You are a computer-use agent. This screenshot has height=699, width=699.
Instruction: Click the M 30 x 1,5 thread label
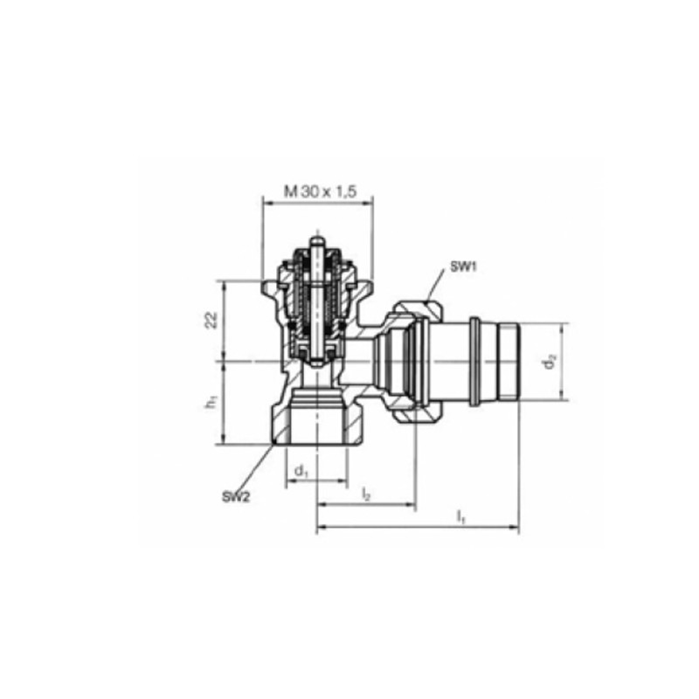(321, 192)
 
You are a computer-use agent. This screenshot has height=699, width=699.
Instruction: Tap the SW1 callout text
(463, 267)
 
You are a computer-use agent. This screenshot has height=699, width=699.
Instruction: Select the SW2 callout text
(236, 497)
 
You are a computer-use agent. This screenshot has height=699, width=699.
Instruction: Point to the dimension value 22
(211, 321)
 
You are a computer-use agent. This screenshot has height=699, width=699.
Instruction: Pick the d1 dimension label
(301, 471)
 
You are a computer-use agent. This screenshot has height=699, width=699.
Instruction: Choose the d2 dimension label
(550, 361)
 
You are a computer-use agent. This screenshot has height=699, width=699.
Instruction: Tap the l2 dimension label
(366, 494)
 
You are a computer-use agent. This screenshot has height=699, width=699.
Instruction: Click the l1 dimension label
(461, 517)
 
